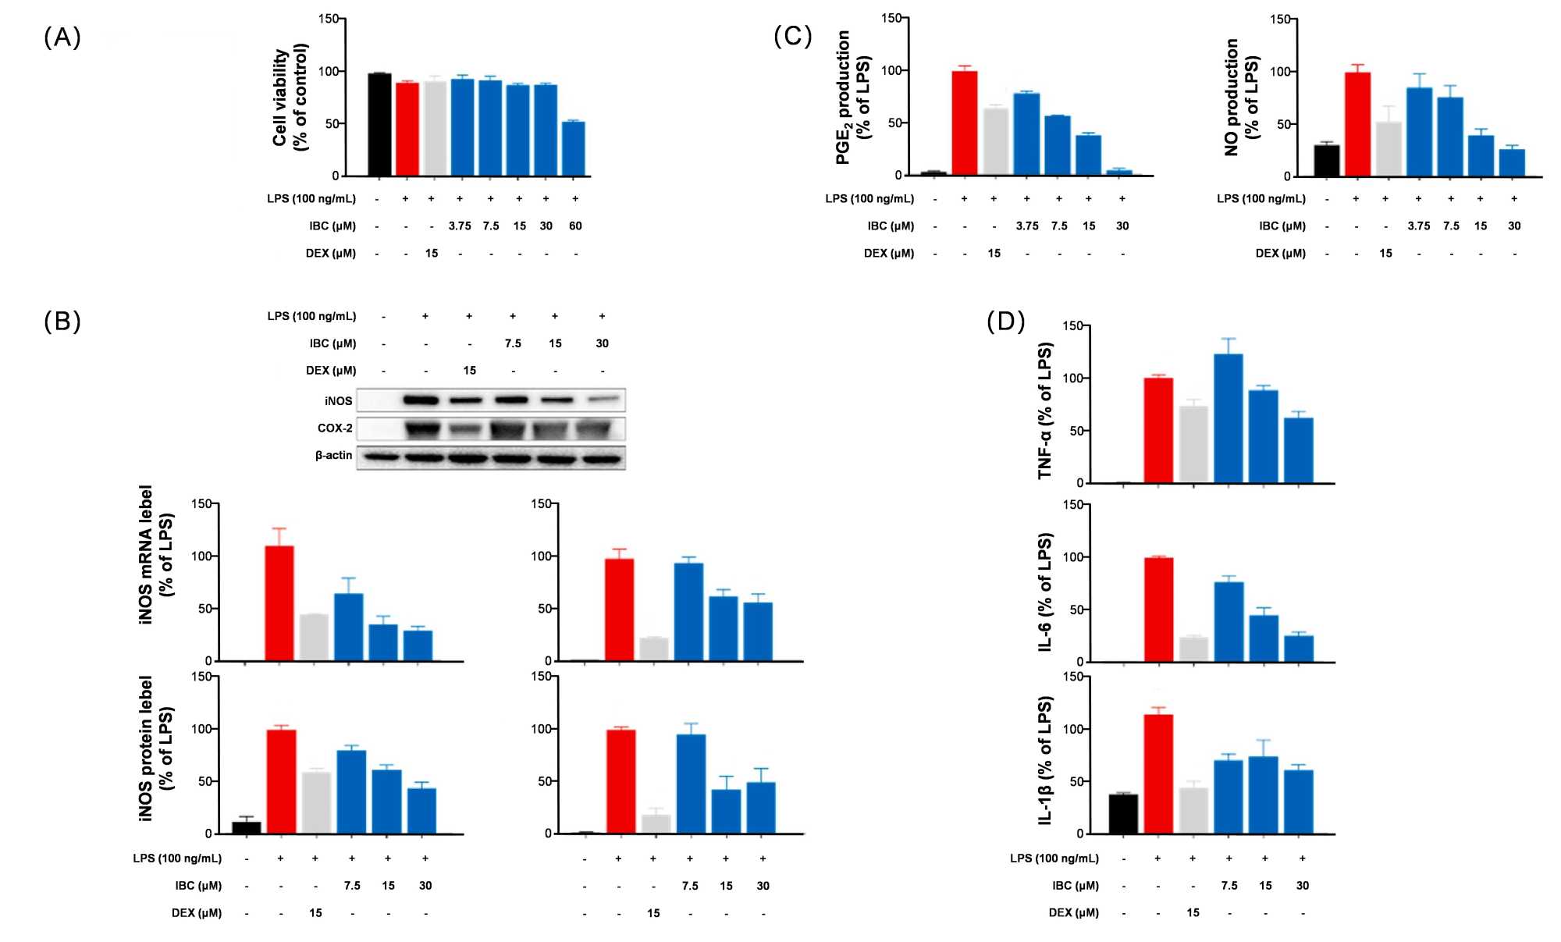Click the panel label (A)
(x=62, y=37)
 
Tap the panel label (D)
(x=1005, y=321)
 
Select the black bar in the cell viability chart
(x=379, y=125)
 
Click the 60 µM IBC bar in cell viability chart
(x=574, y=148)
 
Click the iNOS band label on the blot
(x=339, y=401)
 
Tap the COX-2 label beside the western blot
(x=335, y=428)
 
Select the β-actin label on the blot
(x=333, y=455)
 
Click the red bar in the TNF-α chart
(x=1158, y=430)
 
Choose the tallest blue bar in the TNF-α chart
(x=1229, y=418)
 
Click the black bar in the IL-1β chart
(x=1123, y=814)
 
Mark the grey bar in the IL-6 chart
(x=1193, y=649)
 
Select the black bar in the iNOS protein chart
(x=247, y=827)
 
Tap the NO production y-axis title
(x=1242, y=97)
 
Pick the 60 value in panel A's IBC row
(x=575, y=226)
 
